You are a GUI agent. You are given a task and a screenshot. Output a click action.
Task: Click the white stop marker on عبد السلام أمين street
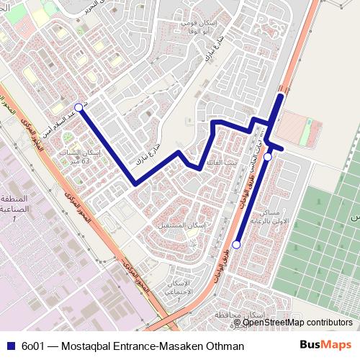78,108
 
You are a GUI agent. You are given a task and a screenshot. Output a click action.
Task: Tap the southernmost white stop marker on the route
236,245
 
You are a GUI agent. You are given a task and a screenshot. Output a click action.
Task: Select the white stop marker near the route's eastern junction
267,157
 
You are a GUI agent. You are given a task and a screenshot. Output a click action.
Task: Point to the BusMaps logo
326,346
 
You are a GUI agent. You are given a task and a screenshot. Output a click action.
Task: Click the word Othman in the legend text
224,346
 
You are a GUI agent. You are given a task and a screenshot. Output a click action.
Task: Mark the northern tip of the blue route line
280,94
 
